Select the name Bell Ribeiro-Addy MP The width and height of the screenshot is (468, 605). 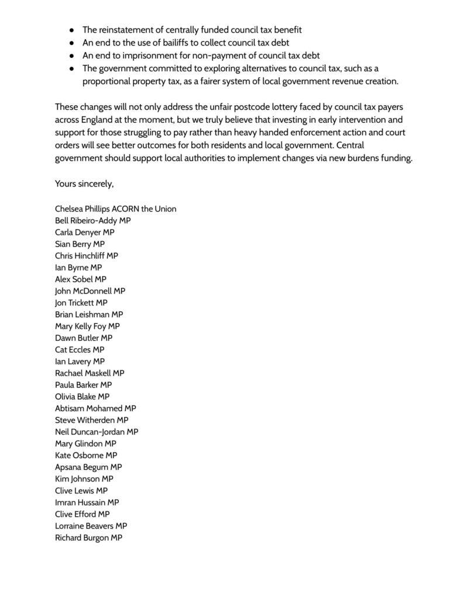point(92,220)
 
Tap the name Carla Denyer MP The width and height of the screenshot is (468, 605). point(84,232)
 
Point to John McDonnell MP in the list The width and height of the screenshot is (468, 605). point(90,291)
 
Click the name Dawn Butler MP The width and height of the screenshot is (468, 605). point(84,338)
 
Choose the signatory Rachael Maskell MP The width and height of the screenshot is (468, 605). point(90,373)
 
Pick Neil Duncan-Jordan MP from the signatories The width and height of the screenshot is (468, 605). point(97,432)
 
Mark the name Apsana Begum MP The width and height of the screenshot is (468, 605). point(88,467)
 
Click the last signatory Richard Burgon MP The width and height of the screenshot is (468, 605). point(88,537)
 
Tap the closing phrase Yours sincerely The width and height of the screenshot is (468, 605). point(84,184)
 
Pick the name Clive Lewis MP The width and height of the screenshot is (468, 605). point(81,490)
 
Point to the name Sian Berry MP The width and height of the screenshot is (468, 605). point(80,244)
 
